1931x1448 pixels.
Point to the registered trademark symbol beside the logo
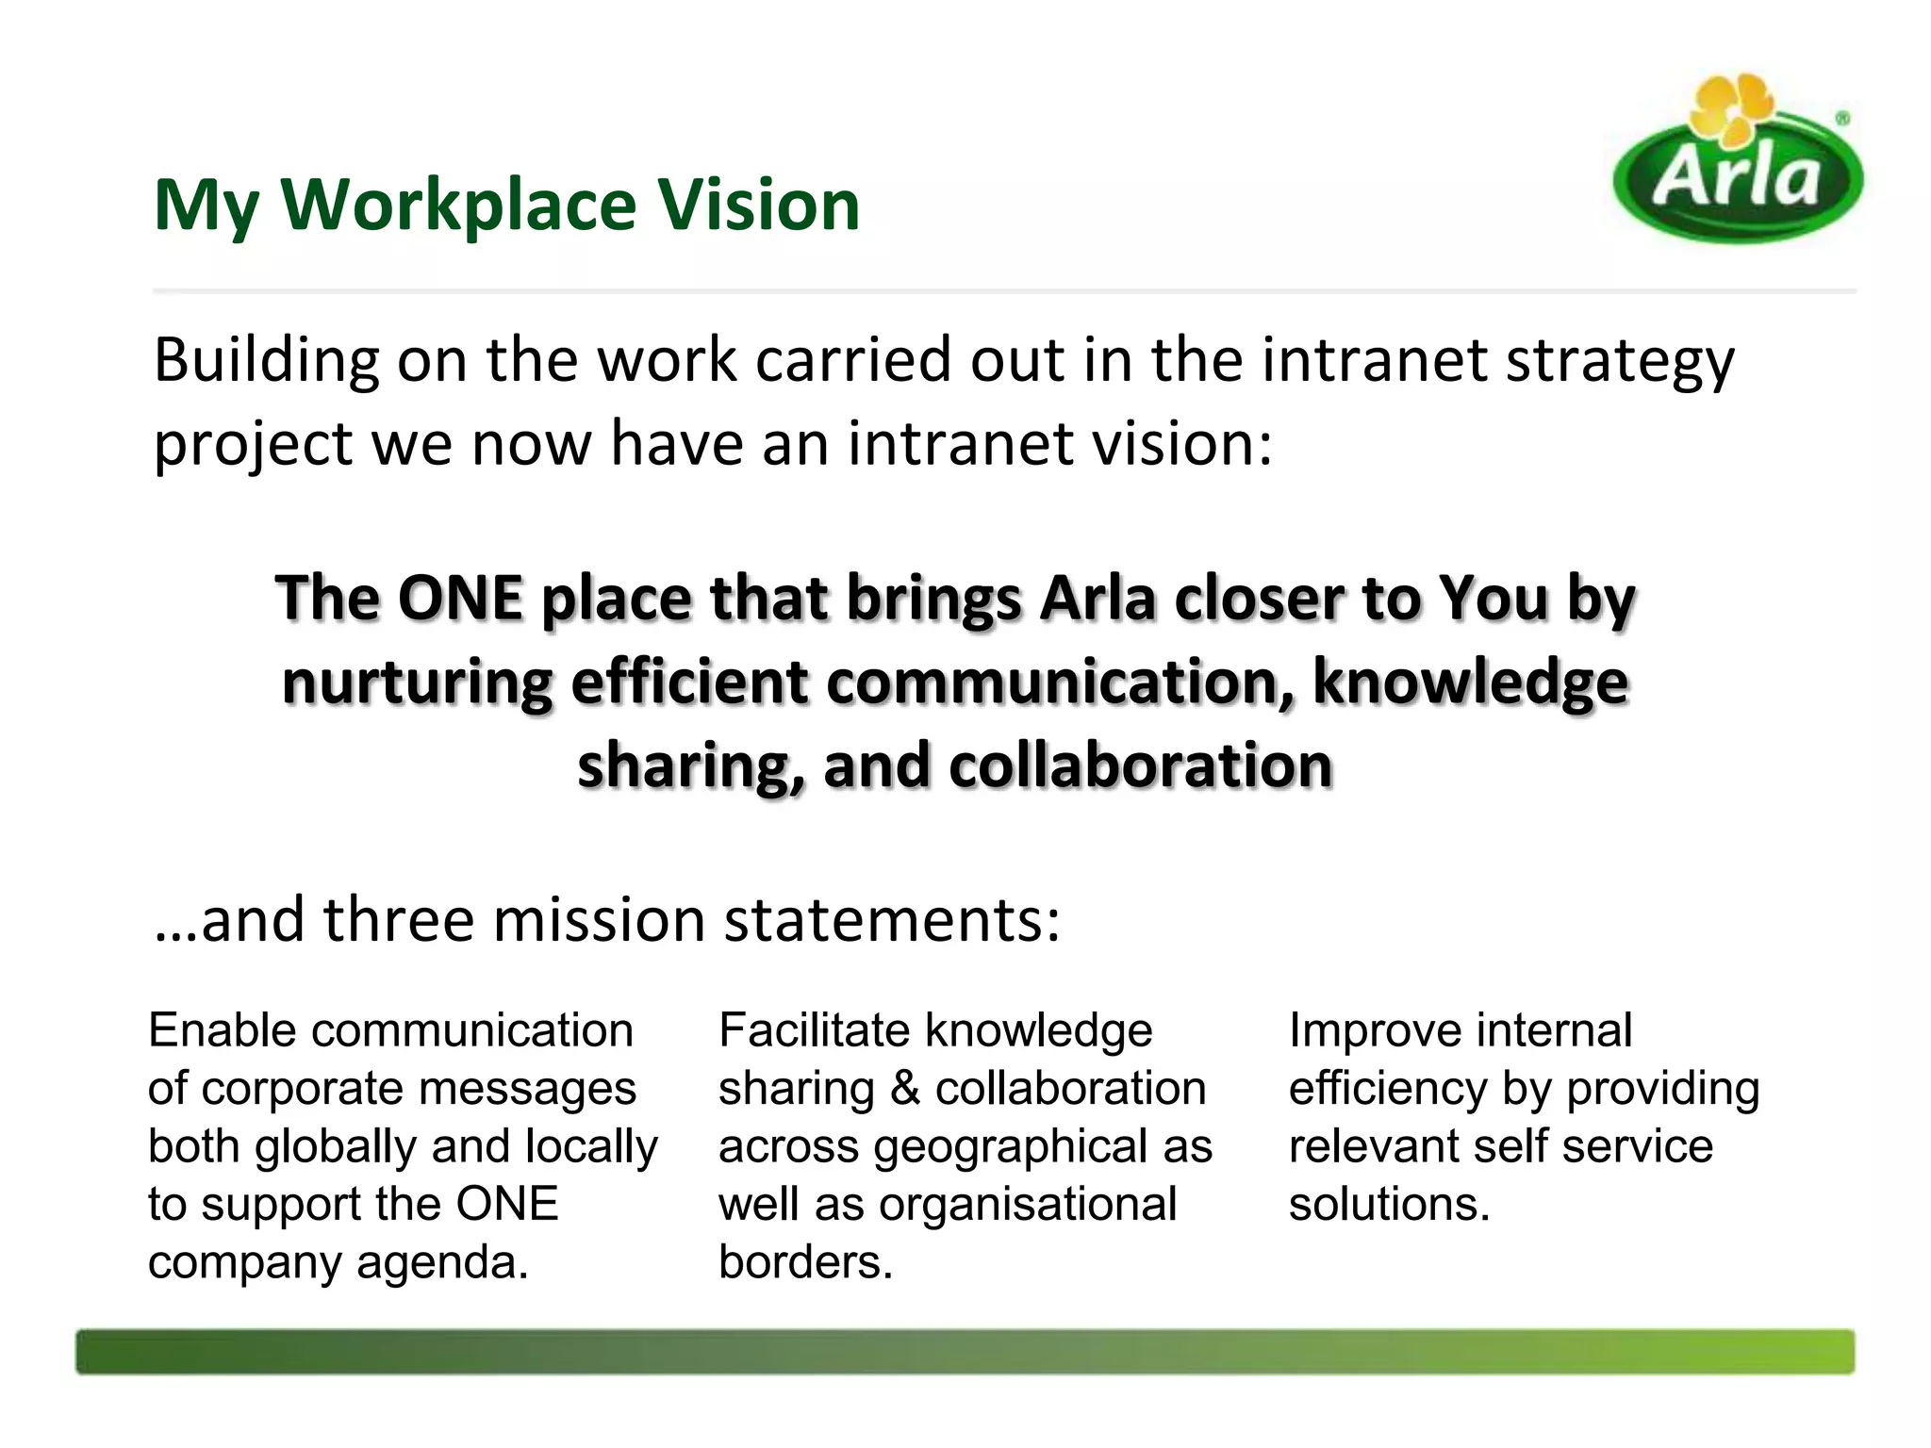(1841, 119)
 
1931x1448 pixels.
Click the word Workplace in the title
(459, 205)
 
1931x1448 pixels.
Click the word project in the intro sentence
(252, 445)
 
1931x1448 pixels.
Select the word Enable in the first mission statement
(223, 1030)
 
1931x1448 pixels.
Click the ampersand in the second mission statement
(904, 1089)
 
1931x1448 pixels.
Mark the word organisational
(1028, 1205)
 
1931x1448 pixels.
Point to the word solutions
(1389, 1205)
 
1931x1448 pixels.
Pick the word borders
(805, 1263)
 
